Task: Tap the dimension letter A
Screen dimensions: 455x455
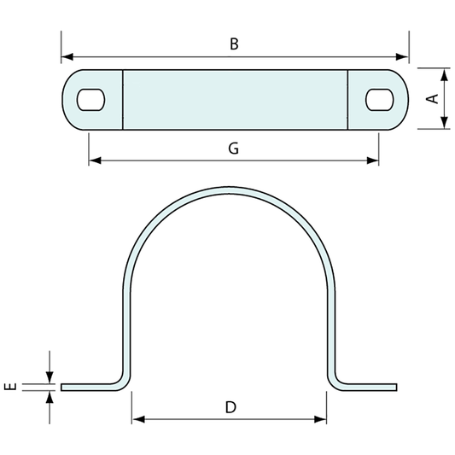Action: click(433, 98)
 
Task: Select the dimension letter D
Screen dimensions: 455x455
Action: click(230, 407)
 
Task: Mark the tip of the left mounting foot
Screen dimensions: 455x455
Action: click(62, 387)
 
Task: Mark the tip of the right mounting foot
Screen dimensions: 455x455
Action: click(395, 387)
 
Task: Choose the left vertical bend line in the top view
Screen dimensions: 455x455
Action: click(123, 99)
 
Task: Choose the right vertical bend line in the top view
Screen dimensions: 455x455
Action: click(347, 99)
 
